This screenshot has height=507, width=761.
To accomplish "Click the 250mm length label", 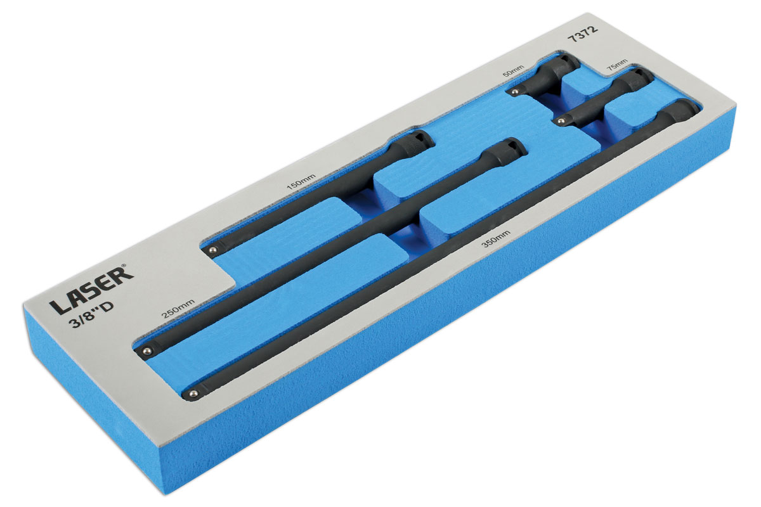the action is (178, 309).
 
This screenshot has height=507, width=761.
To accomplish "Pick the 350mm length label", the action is (497, 239).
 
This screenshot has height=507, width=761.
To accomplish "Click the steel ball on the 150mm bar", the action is (212, 250).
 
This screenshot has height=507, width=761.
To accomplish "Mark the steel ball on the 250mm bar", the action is (146, 350).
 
